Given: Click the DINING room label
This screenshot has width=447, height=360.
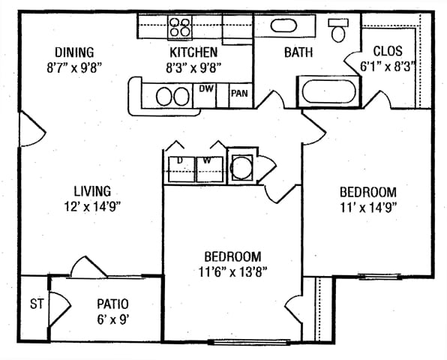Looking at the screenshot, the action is coord(74,52).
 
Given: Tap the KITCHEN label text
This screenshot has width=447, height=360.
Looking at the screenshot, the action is coord(193,52).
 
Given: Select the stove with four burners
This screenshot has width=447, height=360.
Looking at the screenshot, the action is coord(180,27).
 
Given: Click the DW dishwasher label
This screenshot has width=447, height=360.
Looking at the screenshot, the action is coord(206,89).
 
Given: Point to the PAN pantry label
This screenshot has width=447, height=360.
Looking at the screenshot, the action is coord(239,93).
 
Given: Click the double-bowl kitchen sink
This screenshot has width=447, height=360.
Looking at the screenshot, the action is coord(173,96).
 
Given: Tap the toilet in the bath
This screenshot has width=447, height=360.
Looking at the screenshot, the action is coord(338,30).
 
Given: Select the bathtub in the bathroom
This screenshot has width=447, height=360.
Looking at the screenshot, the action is coord(329,91).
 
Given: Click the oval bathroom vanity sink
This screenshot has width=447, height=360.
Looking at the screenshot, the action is coord(283,25).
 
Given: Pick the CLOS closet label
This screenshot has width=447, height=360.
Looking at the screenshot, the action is coord(388,51).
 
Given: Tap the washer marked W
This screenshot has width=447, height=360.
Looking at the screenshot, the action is coord(210,169).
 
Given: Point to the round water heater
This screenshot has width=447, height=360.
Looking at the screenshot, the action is coord(242,167).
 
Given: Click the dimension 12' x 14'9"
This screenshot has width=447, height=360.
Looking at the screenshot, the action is coord(93,207).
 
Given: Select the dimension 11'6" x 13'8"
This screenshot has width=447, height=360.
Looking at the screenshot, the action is coord(232,272).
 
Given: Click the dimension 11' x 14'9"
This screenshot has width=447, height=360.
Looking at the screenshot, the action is coord(368,208).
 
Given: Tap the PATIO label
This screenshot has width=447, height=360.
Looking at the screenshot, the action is coord(113,304).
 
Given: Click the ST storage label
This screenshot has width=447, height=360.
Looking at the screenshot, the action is coord(37,304).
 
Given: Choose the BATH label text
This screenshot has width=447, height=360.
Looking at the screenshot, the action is coord(298,52).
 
